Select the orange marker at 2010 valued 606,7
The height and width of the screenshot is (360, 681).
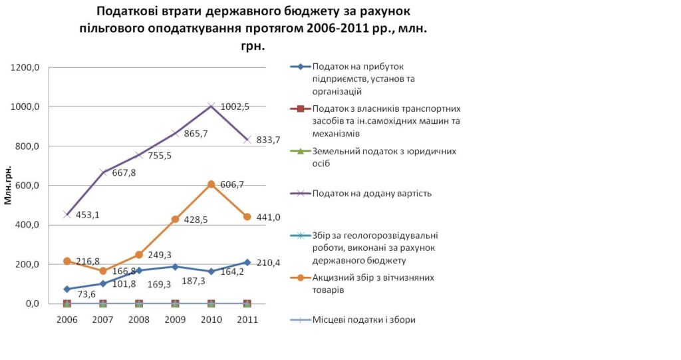click(x=211, y=184)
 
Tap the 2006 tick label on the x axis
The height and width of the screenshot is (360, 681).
click(x=67, y=320)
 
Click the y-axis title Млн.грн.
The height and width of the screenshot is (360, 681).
click(x=9, y=184)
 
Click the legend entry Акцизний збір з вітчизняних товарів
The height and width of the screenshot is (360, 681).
click(x=372, y=283)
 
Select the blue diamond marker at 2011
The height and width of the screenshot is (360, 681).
click(x=247, y=262)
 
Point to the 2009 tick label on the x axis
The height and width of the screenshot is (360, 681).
click(x=175, y=320)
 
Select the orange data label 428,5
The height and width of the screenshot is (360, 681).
click(x=195, y=220)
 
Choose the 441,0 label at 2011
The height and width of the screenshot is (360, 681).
click(x=268, y=217)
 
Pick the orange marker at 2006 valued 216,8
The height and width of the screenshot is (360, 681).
click(x=67, y=261)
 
